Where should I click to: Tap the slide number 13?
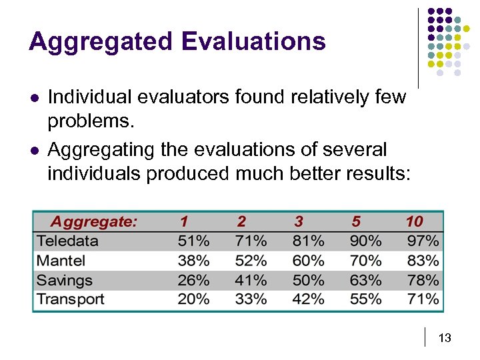tap(445, 339)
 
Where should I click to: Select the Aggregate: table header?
tap(94, 221)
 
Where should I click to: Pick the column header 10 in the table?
tap(414, 221)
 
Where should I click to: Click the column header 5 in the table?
tap(355, 221)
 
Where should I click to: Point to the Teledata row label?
tap(67, 241)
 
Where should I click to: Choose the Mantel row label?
tap(61, 261)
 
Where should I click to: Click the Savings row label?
tap(65, 280)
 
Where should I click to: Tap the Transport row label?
tap(71, 299)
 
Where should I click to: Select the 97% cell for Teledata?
tap(423, 241)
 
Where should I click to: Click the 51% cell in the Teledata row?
tap(193, 241)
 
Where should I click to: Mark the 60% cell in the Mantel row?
tap(309, 261)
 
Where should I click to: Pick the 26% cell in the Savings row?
tap(193, 280)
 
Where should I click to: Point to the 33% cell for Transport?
tap(251, 299)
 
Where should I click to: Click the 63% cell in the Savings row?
tap(366, 280)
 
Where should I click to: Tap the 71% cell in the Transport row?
tap(423, 299)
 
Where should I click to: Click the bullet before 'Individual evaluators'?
tap(34, 98)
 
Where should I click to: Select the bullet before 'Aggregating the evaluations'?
tap(34, 149)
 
